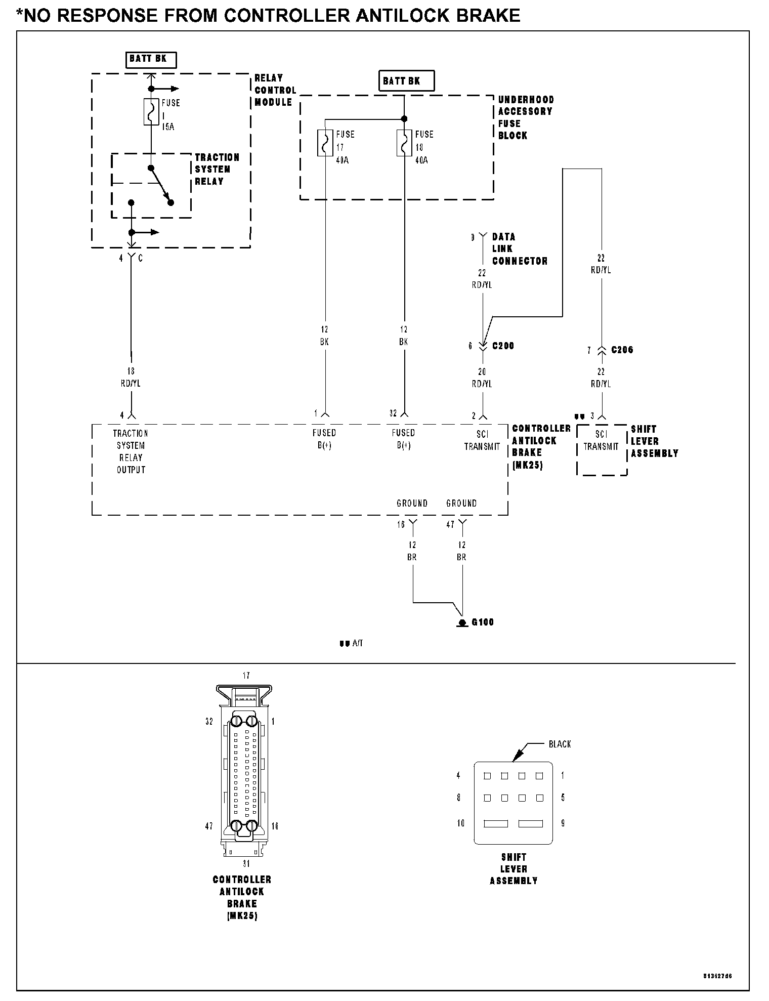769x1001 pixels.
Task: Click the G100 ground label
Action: pos(482,622)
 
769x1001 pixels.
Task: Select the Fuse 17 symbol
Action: pos(325,143)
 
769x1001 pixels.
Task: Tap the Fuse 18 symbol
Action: pos(404,143)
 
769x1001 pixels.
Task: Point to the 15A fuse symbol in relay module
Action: pos(151,111)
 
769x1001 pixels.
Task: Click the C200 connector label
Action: pos(503,346)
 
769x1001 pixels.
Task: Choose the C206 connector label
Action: pos(622,350)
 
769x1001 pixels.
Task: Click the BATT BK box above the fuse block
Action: pos(406,81)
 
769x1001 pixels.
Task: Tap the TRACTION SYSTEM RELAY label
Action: pos(217,170)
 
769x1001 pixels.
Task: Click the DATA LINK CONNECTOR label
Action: pos(520,249)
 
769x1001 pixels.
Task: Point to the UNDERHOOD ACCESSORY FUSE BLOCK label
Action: pos(526,117)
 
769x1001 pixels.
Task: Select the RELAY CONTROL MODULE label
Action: pos(275,90)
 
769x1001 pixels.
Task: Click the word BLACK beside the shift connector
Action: pos(560,744)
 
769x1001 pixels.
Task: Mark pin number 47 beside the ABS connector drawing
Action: pos(209,826)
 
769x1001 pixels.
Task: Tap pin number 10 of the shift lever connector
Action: pos(460,823)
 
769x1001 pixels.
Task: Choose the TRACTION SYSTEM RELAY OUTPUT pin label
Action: pos(131,451)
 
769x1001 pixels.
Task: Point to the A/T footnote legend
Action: pos(351,644)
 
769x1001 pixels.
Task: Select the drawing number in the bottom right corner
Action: pos(717,976)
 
